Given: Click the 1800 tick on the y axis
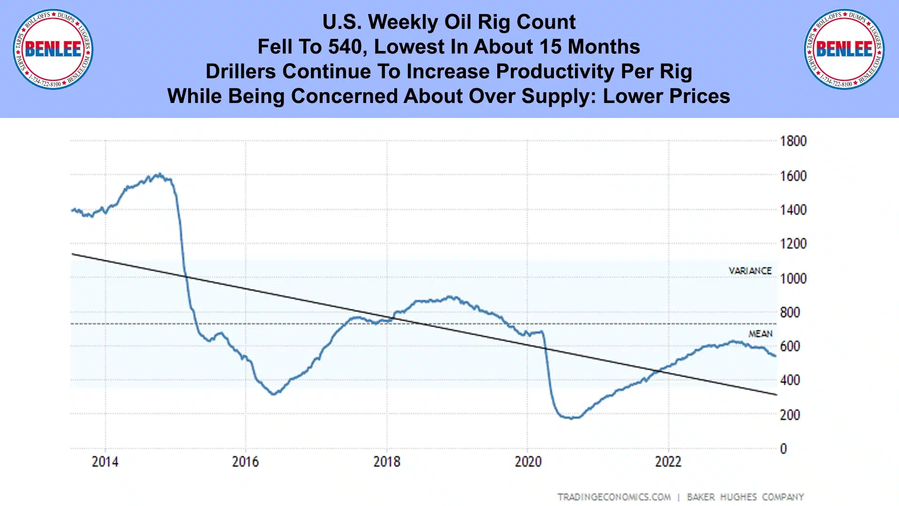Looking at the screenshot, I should point(793,141).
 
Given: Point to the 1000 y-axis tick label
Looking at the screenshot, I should point(793,279).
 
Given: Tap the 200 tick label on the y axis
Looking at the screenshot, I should point(790,415).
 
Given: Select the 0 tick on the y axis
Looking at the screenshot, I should point(783,449).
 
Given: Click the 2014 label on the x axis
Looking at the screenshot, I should point(105,462).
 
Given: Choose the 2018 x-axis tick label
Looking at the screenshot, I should point(387,462).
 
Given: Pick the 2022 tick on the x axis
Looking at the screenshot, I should point(668,462).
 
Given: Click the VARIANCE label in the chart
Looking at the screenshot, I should point(750,271).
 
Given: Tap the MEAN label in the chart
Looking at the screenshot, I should point(760,334).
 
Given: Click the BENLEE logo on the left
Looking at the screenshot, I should point(53,49).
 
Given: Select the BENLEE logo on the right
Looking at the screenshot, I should point(844,49).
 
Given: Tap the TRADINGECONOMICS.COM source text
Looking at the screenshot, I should point(614,497).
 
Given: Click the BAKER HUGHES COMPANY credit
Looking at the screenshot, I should point(745,497).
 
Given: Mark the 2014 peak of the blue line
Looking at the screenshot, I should point(160,174).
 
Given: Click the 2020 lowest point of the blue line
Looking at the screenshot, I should point(571,418).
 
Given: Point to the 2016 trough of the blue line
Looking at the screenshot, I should point(274,394).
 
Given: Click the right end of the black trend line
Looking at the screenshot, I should point(776,395).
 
